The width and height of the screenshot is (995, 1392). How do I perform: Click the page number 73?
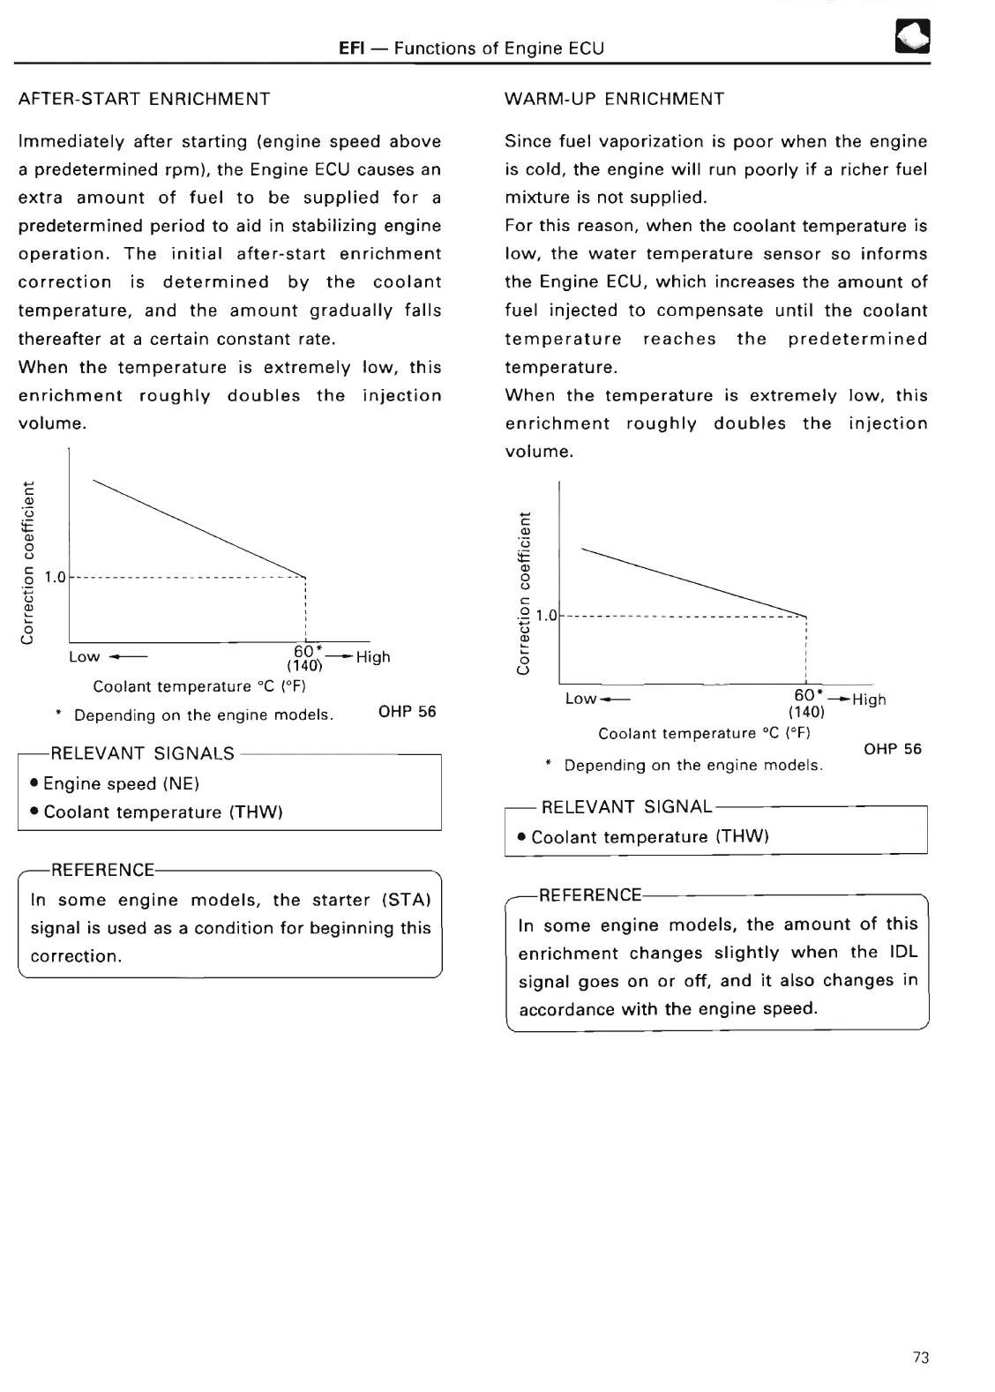[921, 1358]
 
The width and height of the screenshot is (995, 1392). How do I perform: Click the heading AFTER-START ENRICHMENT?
[145, 99]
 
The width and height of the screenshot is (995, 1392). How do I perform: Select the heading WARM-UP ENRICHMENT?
[614, 99]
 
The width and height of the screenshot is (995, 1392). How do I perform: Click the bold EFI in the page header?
[353, 49]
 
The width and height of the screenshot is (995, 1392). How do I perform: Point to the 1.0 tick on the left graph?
[56, 578]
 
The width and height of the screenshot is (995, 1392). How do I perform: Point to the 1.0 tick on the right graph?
[547, 616]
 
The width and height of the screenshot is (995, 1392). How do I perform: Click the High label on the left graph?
[373, 657]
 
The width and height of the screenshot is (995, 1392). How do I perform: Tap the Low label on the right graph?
[581, 699]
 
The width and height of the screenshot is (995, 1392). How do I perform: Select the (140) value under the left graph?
[304, 666]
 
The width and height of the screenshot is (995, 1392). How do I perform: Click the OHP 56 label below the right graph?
[893, 749]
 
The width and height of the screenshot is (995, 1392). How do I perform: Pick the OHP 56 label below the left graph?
[407, 712]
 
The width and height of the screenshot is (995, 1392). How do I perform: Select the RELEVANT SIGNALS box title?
[143, 753]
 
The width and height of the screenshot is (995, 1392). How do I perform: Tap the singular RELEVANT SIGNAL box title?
[626, 806]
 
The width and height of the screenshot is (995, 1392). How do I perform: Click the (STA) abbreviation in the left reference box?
[407, 900]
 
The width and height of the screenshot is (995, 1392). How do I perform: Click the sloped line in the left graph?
[198, 527]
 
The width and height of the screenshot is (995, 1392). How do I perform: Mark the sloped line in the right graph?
[694, 581]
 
